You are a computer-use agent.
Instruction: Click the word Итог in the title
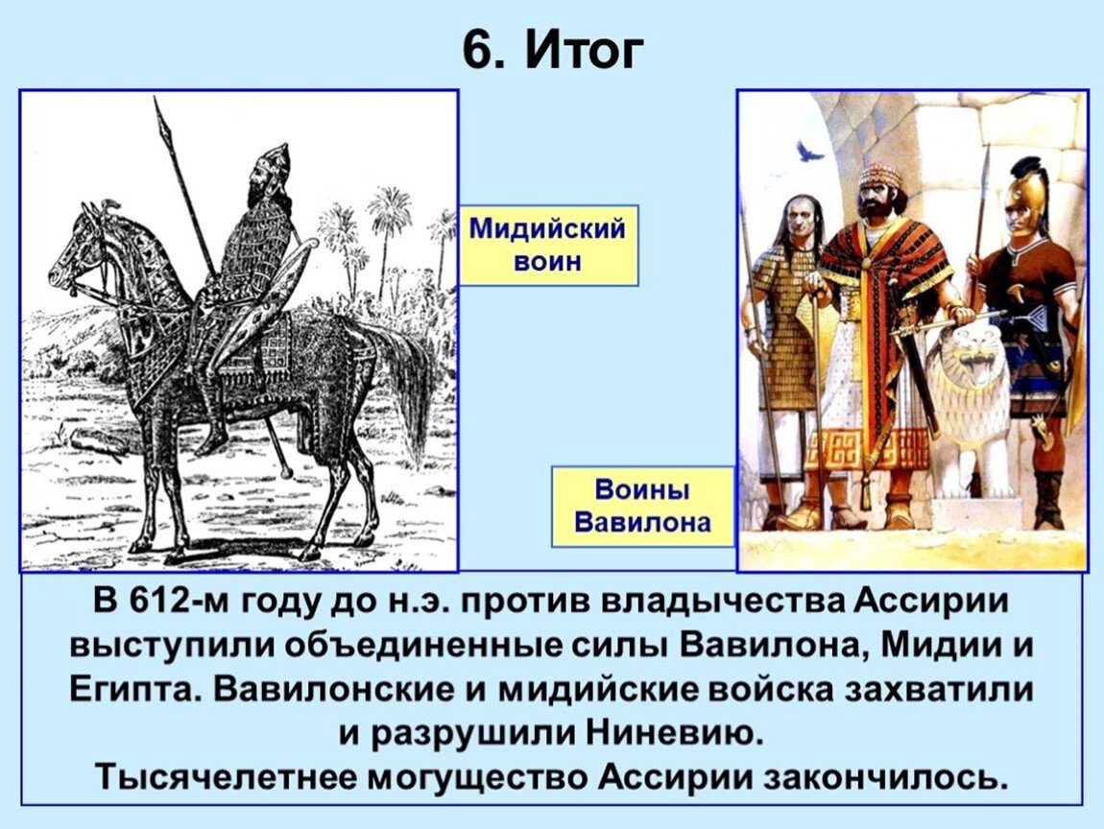click(585, 50)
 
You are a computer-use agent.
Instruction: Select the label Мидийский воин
click(548, 245)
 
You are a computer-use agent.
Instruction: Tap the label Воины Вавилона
click(643, 507)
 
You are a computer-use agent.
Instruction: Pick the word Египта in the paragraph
click(131, 691)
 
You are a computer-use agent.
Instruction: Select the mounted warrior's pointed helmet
click(274, 159)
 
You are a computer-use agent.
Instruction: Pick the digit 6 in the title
click(477, 51)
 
